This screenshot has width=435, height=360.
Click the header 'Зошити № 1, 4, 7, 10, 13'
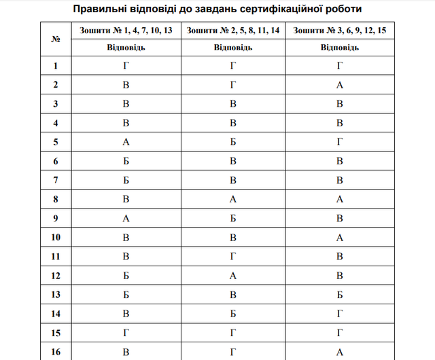pos(126,31)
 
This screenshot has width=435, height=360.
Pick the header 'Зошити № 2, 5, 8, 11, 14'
pos(232,31)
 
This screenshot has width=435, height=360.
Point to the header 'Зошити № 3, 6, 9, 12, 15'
pos(339,31)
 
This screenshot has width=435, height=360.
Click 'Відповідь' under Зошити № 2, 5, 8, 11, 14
pos(232,48)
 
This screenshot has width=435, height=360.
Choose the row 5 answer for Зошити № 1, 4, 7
pos(126,142)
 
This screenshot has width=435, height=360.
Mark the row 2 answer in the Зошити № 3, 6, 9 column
pos(339,85)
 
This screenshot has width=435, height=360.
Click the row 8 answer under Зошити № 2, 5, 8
pos(232,199)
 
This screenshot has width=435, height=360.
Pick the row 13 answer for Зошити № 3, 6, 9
pos(339,294)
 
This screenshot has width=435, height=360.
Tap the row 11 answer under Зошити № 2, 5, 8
pos(232,256)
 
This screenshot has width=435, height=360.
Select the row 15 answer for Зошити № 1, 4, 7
pos(126,332)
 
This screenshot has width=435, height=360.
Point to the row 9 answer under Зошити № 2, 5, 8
pos(232,218)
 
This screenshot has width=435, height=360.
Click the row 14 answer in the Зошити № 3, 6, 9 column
pos(339,313)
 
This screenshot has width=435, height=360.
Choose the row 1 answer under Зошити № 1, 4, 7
pos(126,66)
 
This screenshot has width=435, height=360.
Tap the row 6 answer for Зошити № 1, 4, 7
pos(126,161)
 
